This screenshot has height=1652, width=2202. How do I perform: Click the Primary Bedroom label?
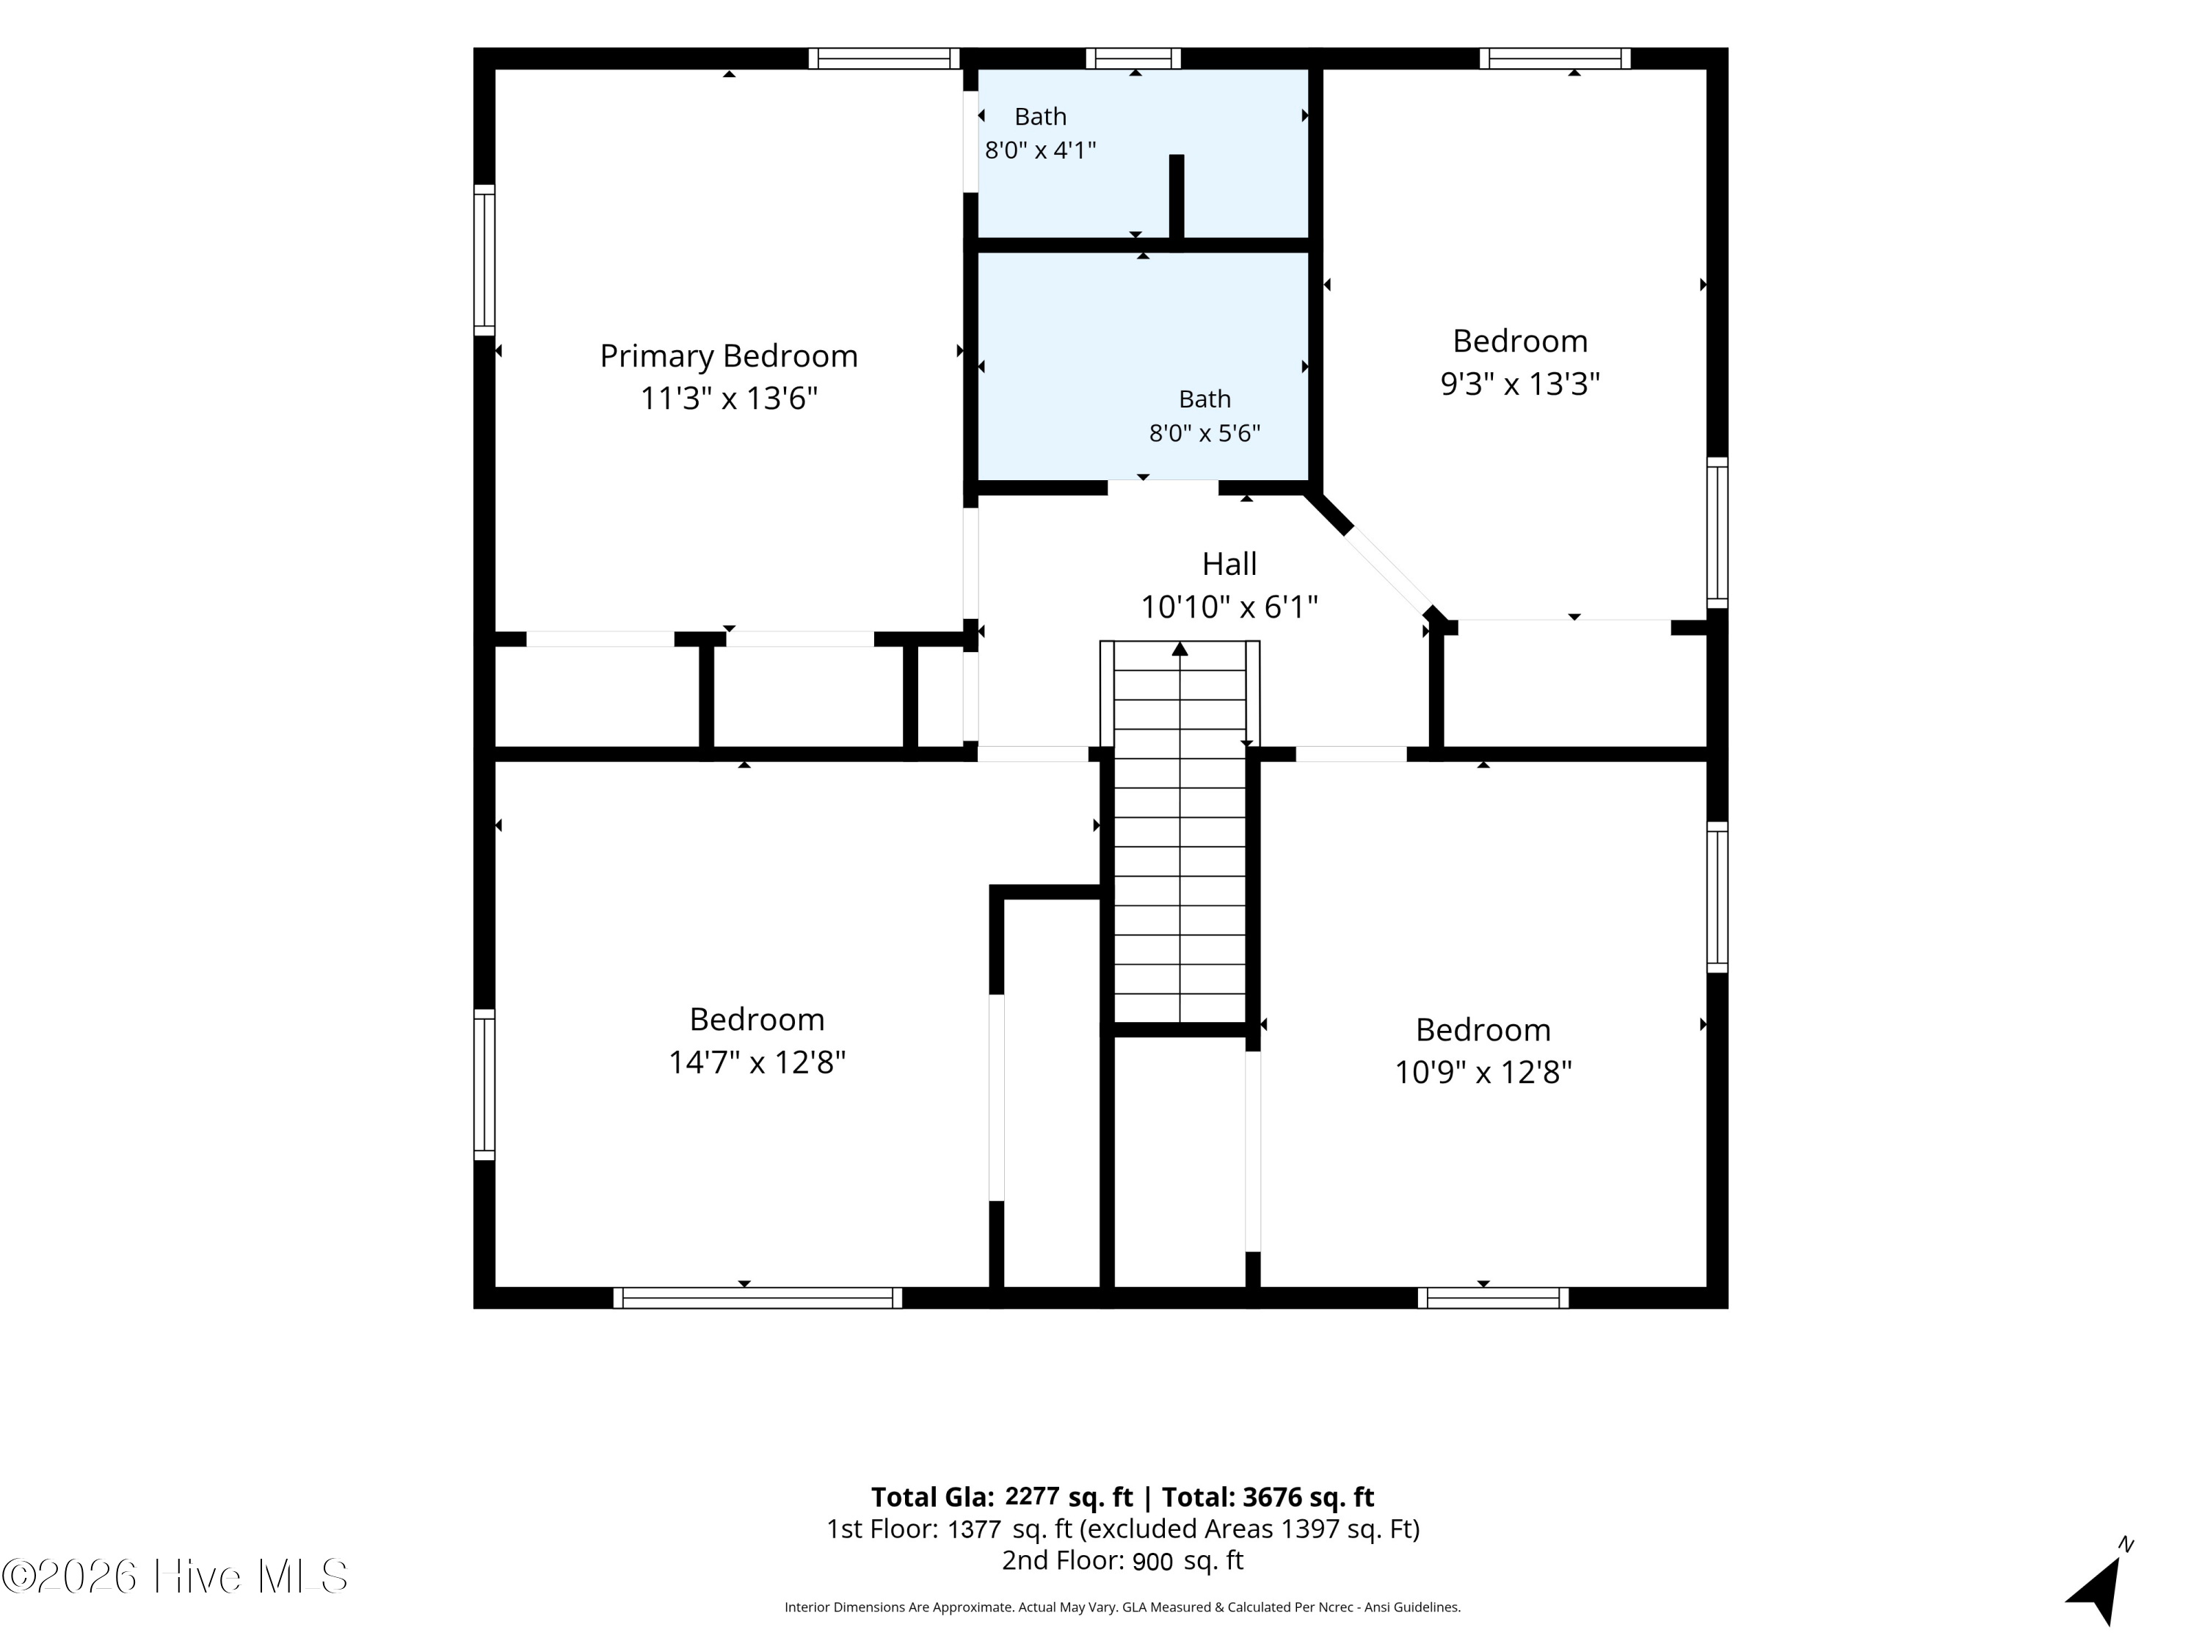coord(729,355)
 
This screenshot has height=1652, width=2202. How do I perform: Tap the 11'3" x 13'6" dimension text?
coord(729,398)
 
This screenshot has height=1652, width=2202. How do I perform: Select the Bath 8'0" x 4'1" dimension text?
coord(1040,151)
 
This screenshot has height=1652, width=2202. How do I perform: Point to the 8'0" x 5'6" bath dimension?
coord(1204,433)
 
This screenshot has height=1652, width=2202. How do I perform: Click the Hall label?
coord(1229,564)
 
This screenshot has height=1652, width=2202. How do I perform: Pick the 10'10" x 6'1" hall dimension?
coord(1229,606)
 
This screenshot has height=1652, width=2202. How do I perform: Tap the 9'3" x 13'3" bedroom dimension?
coord(1520,383)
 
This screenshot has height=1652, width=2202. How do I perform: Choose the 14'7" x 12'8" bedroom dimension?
coord(757,1062)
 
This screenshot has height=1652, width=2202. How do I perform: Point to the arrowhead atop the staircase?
coord(1180,649)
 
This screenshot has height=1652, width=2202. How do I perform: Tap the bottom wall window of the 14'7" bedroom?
coord(757,1297)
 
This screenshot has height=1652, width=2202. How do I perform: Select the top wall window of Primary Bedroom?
coord(884,59)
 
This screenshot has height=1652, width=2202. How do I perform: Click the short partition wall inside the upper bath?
coord(1177,198)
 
